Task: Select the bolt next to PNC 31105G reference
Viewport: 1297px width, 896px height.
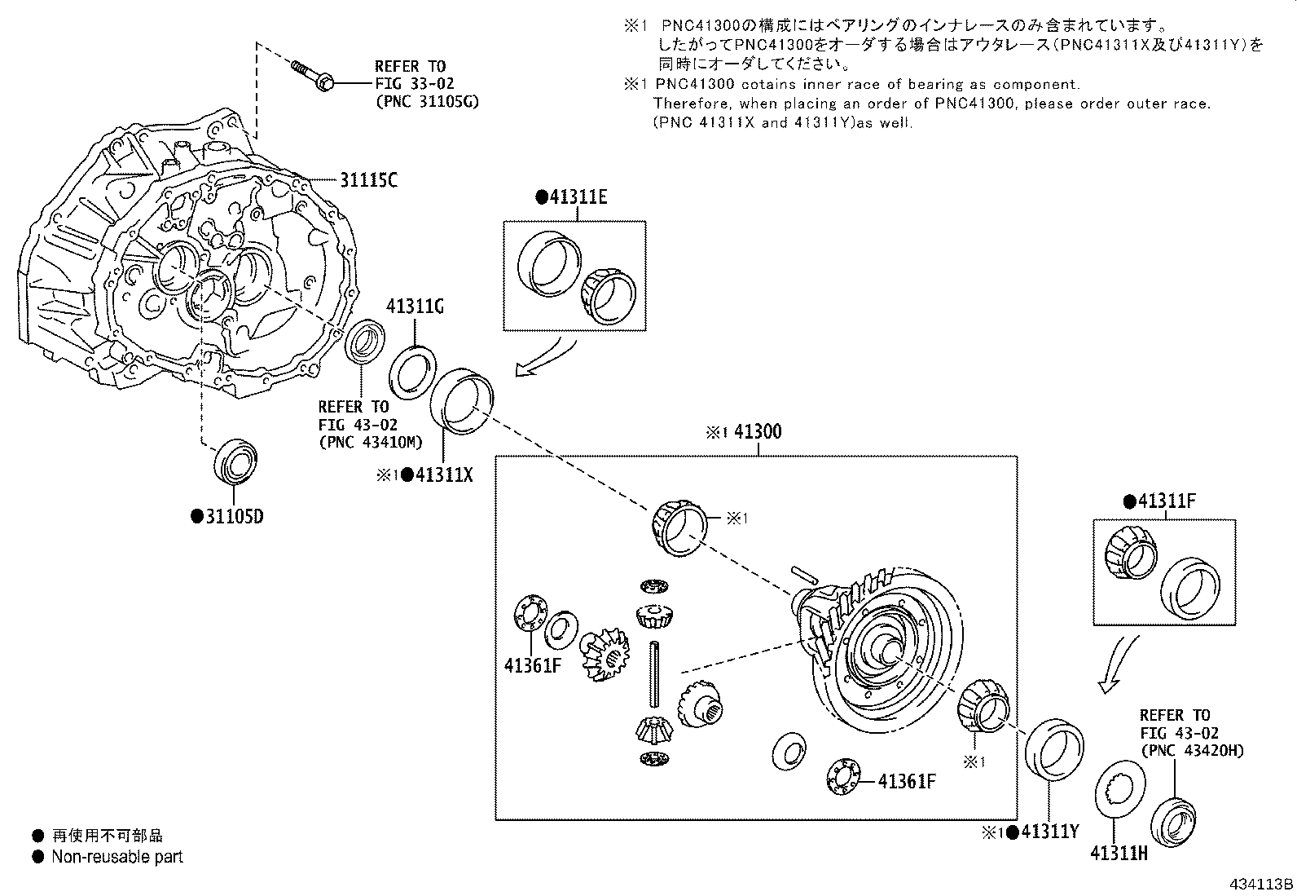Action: [312, 75]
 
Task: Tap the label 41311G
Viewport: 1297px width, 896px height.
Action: [415, 307]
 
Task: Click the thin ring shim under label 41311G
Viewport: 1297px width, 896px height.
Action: [414, 373]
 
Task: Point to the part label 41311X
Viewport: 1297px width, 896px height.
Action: [443, 474]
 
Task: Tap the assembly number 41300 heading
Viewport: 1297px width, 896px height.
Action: [757, 431]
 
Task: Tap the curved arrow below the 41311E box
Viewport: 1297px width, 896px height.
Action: [546, 360]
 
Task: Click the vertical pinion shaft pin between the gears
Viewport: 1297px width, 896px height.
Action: [654, 673]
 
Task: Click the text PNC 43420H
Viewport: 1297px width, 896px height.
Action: [1192, 751]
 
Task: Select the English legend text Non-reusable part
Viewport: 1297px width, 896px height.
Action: [117, 857]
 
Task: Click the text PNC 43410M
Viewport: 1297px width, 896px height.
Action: [371, 442]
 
